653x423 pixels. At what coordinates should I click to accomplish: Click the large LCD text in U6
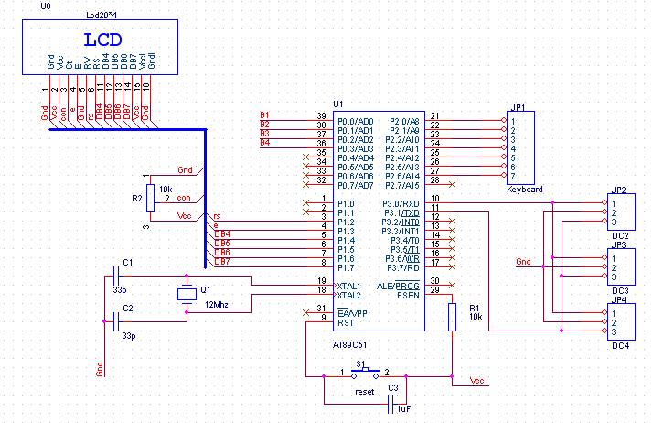[x=102, y=39]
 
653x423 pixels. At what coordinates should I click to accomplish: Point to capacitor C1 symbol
[x=116, y=272]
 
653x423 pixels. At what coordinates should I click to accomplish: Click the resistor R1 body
[x=452, y=317]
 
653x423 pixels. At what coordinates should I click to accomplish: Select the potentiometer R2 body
[x=152, y=198]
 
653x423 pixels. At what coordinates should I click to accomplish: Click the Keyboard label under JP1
[x=525, y=190]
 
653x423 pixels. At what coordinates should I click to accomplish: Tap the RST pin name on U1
[x=347, y=322]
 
